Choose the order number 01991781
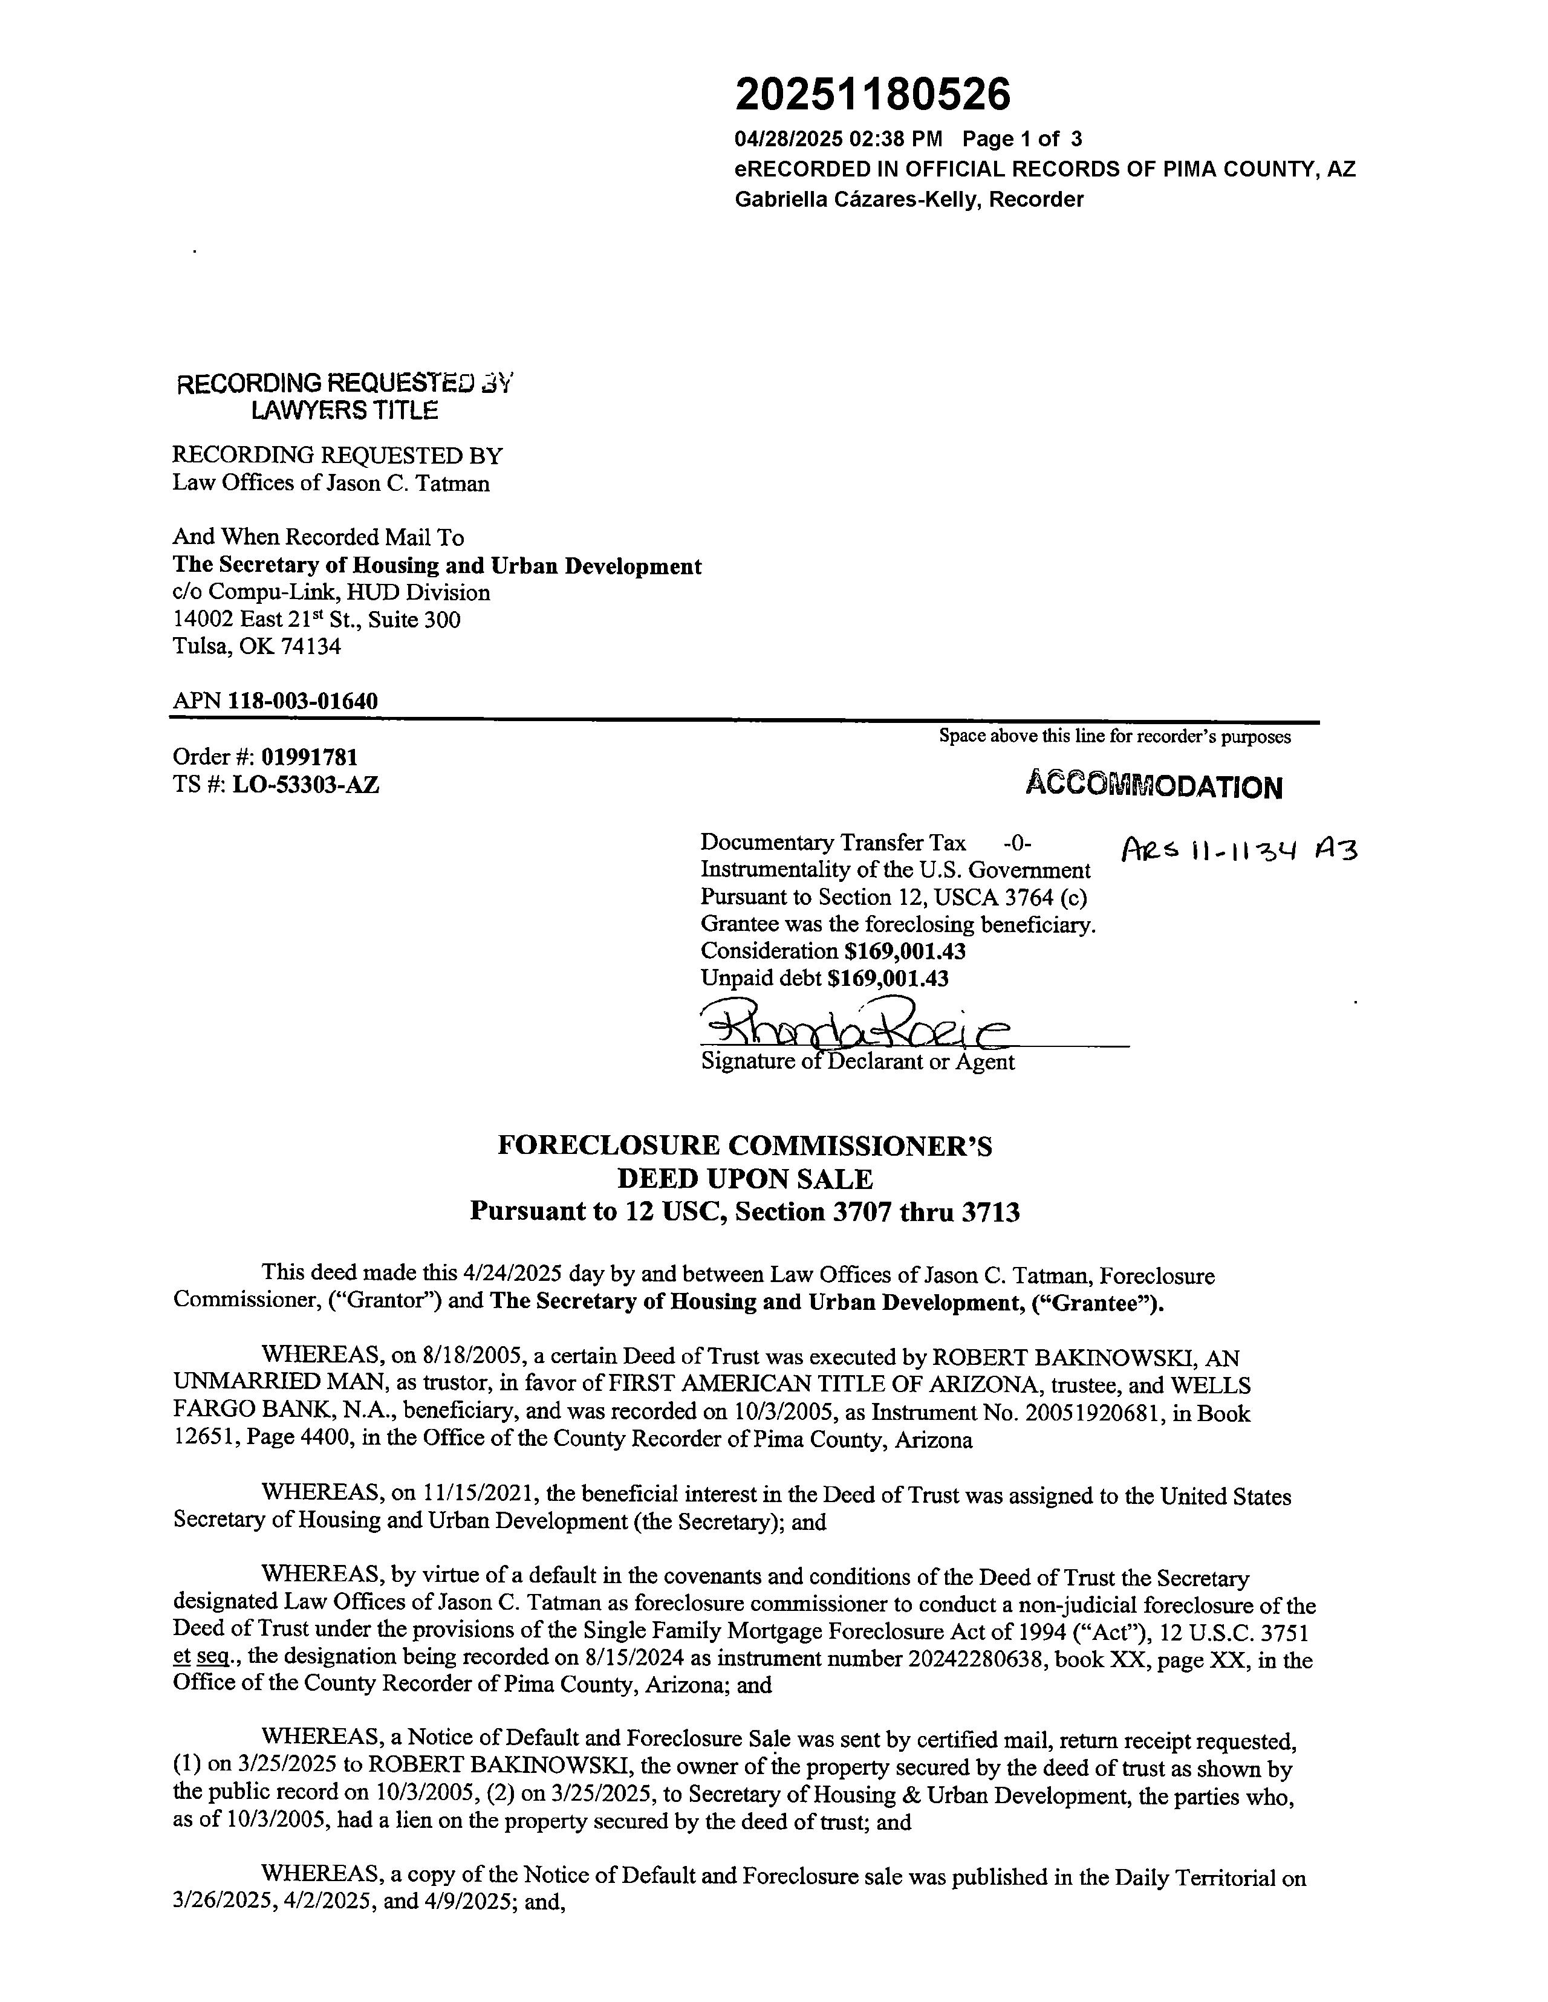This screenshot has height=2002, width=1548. [309, 757]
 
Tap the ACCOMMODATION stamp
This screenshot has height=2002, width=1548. [1154, 786]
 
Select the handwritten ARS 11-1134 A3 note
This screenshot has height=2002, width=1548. [1238, 852]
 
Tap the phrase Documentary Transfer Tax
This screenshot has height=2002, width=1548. [833, 843]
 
